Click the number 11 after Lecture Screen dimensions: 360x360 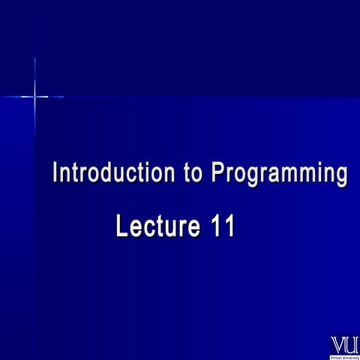coord(222,225)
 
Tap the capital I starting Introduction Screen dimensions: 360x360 coord(55,173)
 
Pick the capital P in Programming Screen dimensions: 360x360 coord(217,173)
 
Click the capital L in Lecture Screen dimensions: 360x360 coord(122,225)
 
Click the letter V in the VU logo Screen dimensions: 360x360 coord(338,345)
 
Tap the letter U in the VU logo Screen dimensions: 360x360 coord(351,345)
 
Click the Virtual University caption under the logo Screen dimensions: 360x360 coord(345,356)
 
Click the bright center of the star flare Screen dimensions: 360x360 coord(34,96)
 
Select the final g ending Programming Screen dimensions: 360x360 coord(340,177)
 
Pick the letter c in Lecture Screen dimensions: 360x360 coord(149,226)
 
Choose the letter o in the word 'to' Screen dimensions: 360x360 coord(198,175)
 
